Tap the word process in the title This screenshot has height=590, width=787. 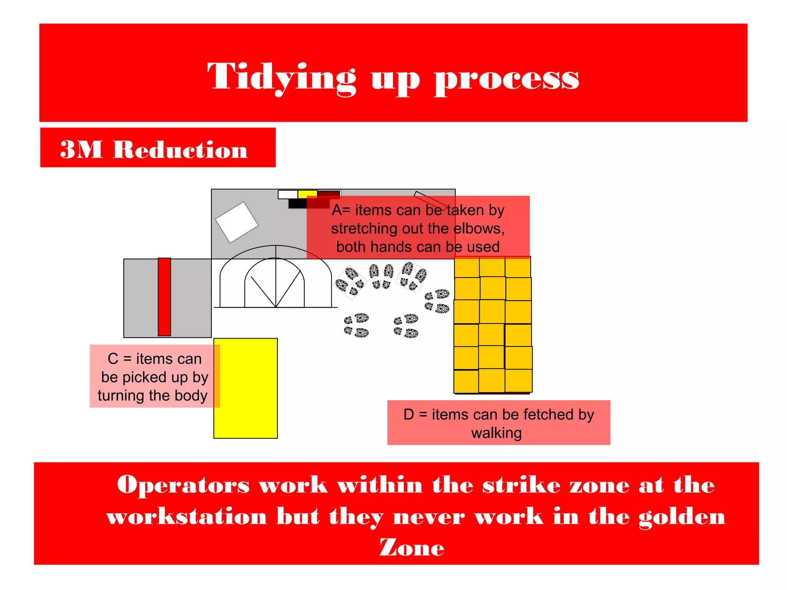(x=506, y=79)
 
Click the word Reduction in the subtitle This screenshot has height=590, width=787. (x=180, y=149)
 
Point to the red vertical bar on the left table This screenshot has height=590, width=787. (x=164, y=297)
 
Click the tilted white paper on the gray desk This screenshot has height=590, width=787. (x=236, y=222)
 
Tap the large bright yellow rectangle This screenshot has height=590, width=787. (x=246, y=388)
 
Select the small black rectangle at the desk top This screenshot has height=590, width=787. (x=297, y=204)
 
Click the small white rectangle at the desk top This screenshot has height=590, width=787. (x=287, y=194)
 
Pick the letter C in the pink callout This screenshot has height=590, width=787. (x=113, y=359)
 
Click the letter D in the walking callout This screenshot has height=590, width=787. (x=409, y=414)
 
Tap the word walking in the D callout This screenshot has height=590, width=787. (x=496, y=433)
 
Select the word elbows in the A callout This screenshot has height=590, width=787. (x=479, y=229)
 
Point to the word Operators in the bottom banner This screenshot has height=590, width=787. (x=183, y=485)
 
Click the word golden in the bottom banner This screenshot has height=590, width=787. (x=682, y=517)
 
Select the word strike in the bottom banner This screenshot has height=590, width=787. (x=521, y=485)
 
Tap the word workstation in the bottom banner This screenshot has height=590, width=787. (x=187, y=516)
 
